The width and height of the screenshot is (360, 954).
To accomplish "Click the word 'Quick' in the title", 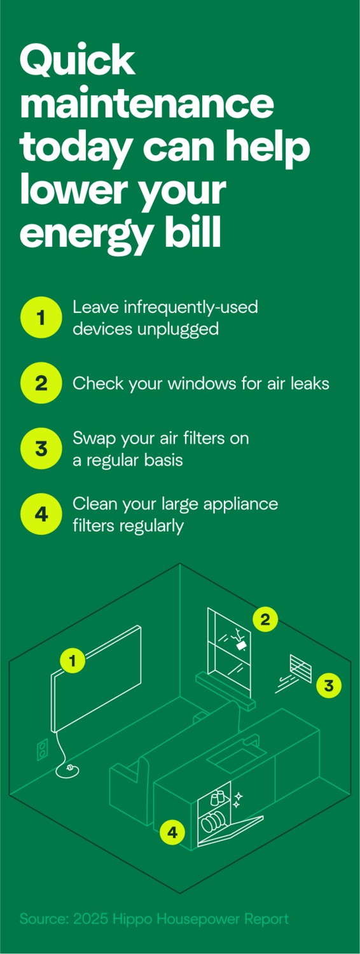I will click(x=78, y=62).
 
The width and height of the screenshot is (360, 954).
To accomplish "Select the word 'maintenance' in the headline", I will click(x=147, y=104).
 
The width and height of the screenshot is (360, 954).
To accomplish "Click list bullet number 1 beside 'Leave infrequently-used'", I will click(x=41, y=317).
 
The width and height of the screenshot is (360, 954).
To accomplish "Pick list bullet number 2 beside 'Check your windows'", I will click(x=41, y=384).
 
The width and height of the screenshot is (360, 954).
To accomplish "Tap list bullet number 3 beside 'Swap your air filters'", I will click(x=41, y=448).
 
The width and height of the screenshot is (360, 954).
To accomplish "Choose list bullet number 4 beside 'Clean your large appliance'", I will click(x=41, y=514).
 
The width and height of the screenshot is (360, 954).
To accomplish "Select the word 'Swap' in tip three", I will click(x=92, y=438).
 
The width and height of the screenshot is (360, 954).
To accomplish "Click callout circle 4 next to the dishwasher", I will click(x=172, y=831).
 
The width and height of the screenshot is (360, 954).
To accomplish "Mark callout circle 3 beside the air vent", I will click(x=328, y=685).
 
